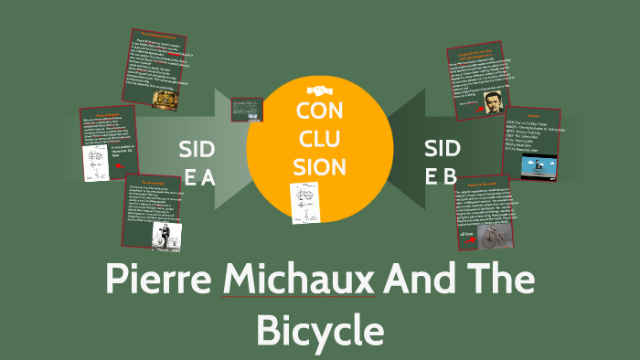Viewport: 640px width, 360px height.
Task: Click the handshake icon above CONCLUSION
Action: [319, 90]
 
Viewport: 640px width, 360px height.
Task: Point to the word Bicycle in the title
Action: [318, 330]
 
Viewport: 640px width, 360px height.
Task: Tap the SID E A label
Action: [197, 163]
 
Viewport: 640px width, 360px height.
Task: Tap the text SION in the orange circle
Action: [320, 167]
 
